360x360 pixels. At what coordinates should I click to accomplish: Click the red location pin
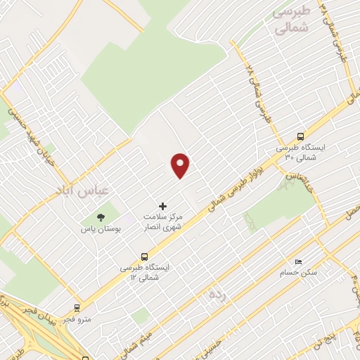coord(181,165)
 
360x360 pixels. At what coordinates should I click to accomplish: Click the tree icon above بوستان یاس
coord(101,217)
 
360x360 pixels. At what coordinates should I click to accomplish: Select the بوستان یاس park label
coord(101,229)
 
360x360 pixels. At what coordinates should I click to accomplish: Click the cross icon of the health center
coord(163,206)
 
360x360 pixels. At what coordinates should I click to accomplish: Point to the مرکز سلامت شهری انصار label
coord(163,222)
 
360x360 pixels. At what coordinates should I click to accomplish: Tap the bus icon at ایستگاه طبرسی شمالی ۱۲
coord(144,257)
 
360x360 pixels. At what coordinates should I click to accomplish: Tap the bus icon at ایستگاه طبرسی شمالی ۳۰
coord(301,136)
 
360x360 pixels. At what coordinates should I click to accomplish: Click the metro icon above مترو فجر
coord(77,307)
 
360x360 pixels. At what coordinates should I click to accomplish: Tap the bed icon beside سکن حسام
coord(299,262)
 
